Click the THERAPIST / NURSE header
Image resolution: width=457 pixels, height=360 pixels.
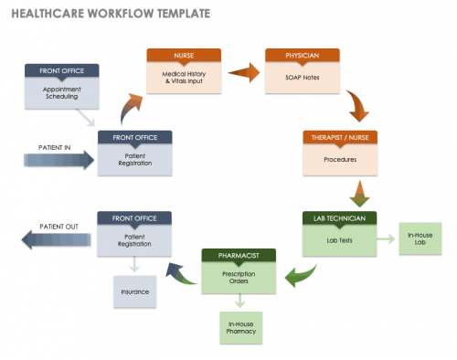click(x=339, y=137)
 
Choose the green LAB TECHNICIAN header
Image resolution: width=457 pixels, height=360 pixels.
click(x=339, y=218)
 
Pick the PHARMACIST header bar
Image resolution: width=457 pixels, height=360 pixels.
click(x=239, y=254)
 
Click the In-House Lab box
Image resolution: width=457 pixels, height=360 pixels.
click(x=420, y=240)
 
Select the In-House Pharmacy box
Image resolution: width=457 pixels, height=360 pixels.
click(x=239, y=326)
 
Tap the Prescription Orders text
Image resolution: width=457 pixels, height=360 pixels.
click(x=239, y=277)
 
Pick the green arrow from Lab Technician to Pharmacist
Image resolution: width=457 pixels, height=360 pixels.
click(x=298, y=271)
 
